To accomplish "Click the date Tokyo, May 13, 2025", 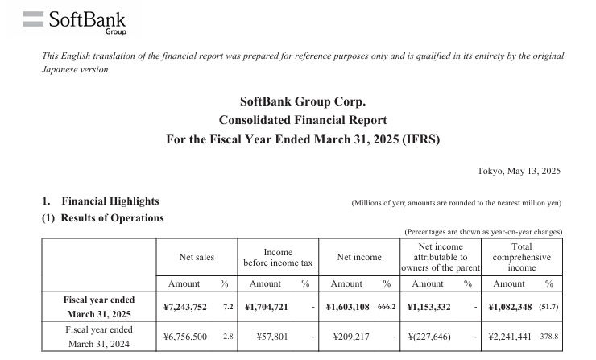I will pyautogui.click(x=519, y=171).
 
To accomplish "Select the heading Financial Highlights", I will pyautogui.click(x=110, y=201).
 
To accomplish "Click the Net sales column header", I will pyautogui.click(x=197, y=257).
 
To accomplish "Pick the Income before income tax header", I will pyautogui.click(x=278, y=258).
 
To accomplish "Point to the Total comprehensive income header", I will pyautogui.click(x=521, y=257).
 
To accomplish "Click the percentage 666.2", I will pyautogui.click(x=385, y=307).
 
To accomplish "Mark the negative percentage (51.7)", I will pyautogui.click(x=548, y=307).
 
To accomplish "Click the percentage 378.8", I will pyautogui.click(x=549, y=336).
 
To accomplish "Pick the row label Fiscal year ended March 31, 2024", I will pyautogui.click(x=98, y=336).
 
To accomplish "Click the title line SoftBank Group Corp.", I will pyautogui.click(x=303, y=101).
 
